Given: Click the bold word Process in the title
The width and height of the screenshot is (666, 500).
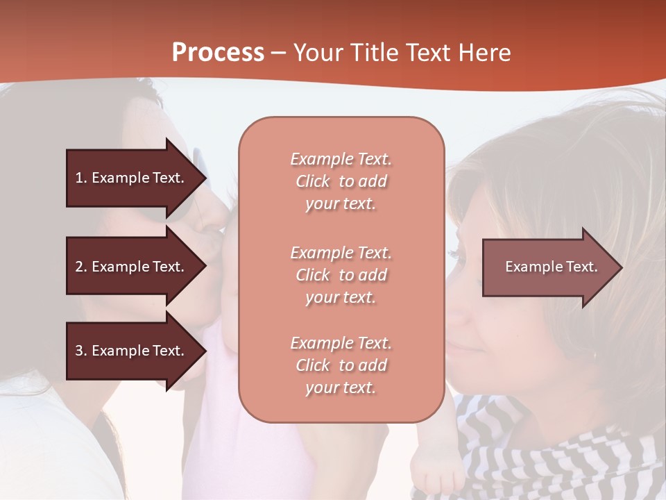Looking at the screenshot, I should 218,53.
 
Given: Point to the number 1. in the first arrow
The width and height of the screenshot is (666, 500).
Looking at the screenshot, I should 81,178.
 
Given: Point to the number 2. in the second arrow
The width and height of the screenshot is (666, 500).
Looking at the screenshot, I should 81,267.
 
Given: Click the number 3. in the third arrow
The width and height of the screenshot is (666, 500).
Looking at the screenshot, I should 81,351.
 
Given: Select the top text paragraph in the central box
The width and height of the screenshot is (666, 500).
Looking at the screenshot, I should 341,181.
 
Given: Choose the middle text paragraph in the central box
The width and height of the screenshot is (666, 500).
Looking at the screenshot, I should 341,275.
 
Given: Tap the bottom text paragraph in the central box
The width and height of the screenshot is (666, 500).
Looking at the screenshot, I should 341,365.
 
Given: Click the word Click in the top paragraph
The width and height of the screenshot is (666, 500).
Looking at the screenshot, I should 313,181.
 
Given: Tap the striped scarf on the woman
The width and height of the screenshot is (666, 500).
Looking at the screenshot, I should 555,458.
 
